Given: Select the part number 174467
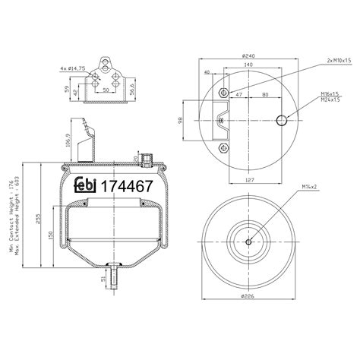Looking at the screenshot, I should coord(128,186).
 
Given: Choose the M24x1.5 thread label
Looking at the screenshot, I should coord(328,99).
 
